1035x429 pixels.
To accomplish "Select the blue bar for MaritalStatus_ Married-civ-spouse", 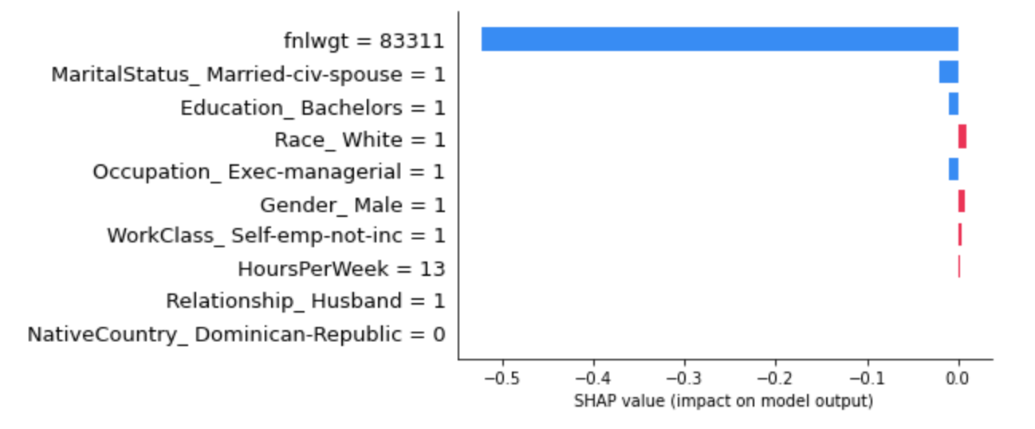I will (948, 72).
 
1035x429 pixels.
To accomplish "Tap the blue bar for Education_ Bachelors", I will (953, 104).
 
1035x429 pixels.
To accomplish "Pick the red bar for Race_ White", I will (962, 136).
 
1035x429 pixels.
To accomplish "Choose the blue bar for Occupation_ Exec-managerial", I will (953, 169).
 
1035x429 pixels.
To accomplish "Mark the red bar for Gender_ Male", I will (962, 201).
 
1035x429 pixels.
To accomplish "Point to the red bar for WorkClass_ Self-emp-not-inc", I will (960, 234).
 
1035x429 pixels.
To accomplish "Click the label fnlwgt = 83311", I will (364, 41).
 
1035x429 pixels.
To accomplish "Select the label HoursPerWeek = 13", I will (341, 269).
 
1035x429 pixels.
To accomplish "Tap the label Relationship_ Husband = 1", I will (305, 301).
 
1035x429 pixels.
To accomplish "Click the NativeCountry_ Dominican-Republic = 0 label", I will (236, 334).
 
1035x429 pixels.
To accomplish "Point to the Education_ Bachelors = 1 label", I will (312, 107).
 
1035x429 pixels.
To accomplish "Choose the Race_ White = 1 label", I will (360, 140).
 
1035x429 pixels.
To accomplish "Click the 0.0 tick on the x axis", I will (958, 376).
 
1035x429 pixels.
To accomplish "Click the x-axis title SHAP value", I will (723, 400).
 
